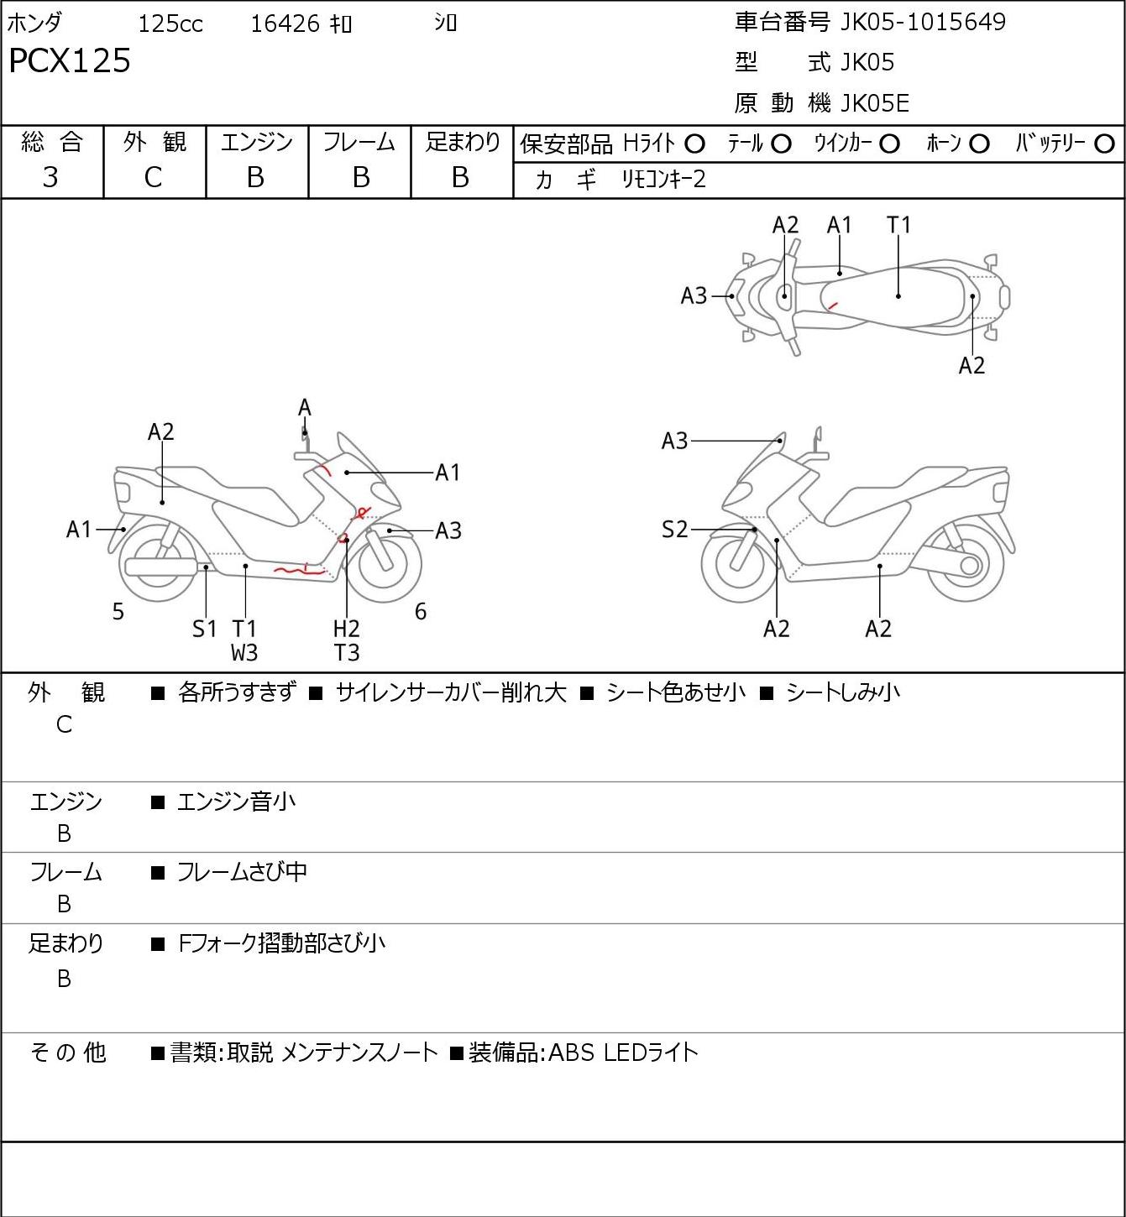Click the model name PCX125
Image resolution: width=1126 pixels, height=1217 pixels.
tap(70, 60)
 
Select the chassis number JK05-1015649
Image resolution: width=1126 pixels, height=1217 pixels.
tap(923, 22)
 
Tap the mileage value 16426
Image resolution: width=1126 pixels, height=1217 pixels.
tap(285, 24)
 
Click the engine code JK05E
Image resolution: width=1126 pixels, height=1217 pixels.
tap(874, 103)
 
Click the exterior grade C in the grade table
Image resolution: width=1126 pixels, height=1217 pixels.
tap(154, 178)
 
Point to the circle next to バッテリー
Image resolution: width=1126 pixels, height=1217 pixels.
tap(1104, 144)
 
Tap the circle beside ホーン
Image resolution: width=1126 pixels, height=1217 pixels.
tap(979, 144)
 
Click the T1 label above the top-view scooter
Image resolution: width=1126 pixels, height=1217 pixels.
tap(898, 226)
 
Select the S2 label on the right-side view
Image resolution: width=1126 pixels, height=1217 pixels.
tap(674, 529)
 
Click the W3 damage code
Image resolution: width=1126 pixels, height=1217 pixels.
tap(244, 653)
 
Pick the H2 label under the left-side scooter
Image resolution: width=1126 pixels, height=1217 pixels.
tap(347, 629)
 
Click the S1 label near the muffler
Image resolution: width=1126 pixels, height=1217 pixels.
tap(204, 629)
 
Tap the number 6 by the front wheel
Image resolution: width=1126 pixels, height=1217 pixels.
tap(420, 611)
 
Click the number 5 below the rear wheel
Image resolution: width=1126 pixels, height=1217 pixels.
tap(118, 611)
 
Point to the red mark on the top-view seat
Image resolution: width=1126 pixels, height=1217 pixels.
tap(832, 305)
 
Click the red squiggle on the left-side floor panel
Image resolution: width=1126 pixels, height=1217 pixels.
tap(299, 571)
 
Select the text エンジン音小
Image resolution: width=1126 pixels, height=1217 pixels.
tap(236, 802)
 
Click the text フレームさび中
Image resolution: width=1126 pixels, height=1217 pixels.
tap(242, 872)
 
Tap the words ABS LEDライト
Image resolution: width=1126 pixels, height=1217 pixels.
tap(623, 1052)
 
